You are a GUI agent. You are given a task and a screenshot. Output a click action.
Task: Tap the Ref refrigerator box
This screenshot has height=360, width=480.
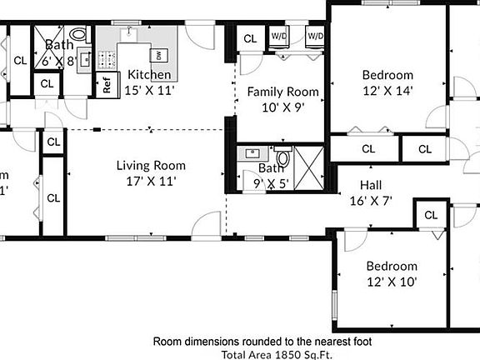[x=107, y=84]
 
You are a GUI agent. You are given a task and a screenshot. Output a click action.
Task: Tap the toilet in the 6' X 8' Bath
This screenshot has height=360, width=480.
[x=79, y=35]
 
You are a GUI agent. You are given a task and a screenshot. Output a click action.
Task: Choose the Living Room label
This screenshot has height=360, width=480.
[x=150, y=165]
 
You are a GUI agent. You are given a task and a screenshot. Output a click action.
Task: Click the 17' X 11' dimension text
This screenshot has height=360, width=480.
[x=150, y=180]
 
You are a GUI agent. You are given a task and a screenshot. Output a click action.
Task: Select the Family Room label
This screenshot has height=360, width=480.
[x=282, y=92]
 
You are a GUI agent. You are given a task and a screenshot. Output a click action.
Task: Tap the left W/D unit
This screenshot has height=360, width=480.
[x=277, y=37]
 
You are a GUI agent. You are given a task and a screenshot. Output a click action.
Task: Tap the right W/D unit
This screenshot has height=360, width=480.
[x=315, y=37]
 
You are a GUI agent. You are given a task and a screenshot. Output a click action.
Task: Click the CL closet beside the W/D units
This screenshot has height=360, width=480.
[x=250, y=38]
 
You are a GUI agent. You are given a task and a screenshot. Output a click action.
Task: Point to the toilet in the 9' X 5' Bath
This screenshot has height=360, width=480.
[x=282, y=157]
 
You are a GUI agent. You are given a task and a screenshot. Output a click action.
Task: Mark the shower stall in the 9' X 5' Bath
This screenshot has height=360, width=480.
[x=308, y=165]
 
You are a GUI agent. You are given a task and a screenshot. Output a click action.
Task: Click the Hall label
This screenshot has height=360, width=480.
[x=371, y=185]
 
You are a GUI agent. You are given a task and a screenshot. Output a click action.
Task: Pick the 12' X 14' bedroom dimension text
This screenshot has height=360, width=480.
[x=387, y=89]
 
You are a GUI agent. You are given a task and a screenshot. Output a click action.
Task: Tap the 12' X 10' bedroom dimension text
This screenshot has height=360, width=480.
[x=392, y=282]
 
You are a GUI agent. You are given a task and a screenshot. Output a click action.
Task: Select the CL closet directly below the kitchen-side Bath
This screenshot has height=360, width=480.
[x=47, y=83]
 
